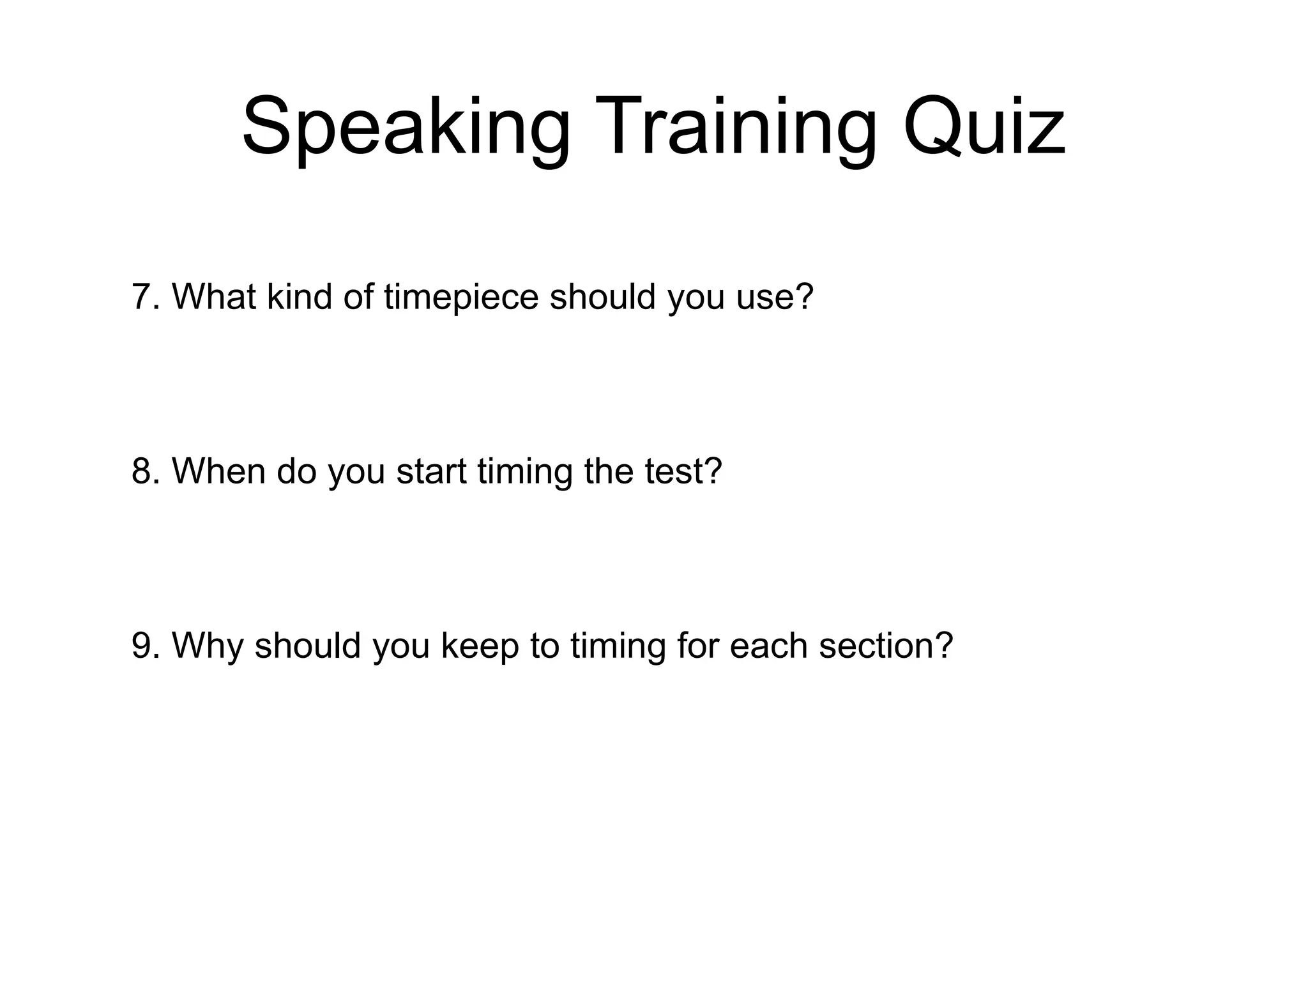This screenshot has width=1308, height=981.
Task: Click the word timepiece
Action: [460, 297]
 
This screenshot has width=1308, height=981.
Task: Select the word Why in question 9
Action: [208, 646]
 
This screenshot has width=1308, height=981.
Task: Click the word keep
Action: [480, 646]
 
